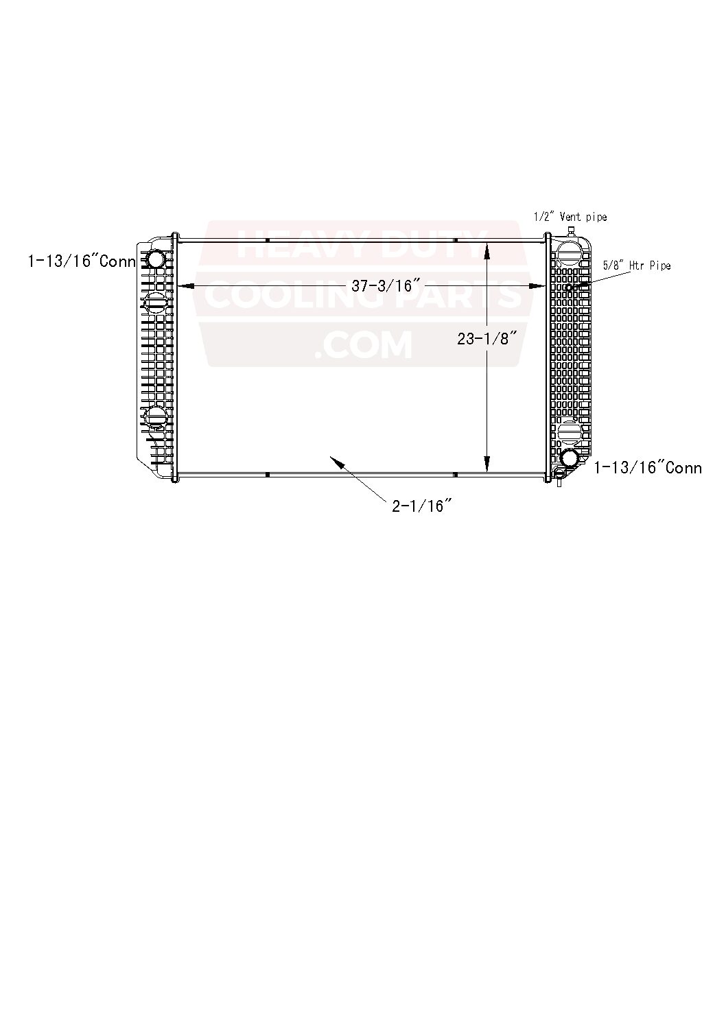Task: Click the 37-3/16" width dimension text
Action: click(x=385, y=286)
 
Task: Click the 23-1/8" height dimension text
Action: click(x=487, y=338)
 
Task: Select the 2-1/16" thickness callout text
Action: click(x=421, y=507)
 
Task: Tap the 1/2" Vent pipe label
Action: click(x=570, y=217)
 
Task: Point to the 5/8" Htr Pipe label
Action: click(x=636, y=265)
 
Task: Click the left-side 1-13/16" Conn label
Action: click(x=81, y=261)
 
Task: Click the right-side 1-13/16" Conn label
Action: click(x=647, y=468)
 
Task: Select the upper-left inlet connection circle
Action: click(x=156, y=259)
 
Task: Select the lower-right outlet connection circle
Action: click(x=570, y=459)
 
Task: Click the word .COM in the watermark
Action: click(x=363, y=345)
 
